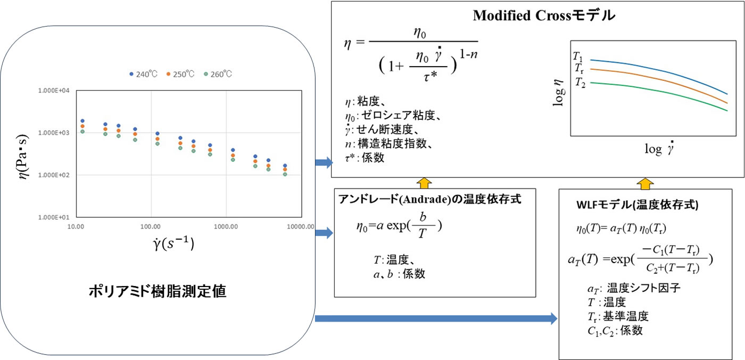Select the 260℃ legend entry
click(x=218, y=74)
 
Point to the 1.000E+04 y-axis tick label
click(x=54, y=91)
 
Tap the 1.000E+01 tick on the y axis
click(x=54, y=217)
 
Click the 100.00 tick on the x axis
click(x=151, y=226)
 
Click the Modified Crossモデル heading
click(x=544, y=16)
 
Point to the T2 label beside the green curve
click(x=580, y=83)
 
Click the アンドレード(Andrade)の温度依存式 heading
click(x=429, y=199)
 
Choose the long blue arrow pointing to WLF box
click(x=436, y=319)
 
